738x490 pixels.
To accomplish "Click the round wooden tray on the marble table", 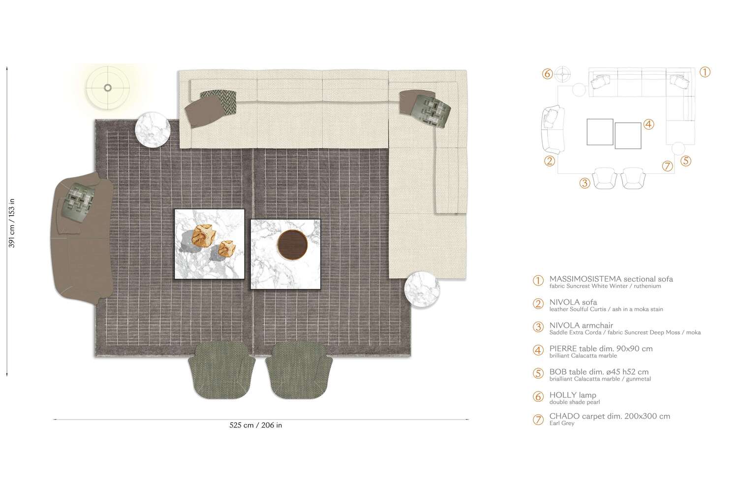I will [292, 244].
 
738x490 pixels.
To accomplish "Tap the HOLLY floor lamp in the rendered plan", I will [108, 88].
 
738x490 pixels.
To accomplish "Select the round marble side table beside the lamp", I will [153, 130].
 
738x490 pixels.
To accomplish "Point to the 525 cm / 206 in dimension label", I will [256, 425].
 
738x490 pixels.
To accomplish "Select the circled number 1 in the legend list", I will [538, 281].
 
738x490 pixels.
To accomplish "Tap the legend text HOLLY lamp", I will [573, 395].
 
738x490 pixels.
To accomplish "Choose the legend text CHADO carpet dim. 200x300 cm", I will [610, 416].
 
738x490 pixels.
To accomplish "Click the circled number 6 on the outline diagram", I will [548, 74].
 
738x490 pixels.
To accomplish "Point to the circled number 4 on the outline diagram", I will [648, 125].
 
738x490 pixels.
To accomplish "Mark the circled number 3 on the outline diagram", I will [584, 183].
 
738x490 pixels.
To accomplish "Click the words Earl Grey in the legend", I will [562, 424].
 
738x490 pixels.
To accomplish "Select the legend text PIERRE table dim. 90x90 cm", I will [601, 349].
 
